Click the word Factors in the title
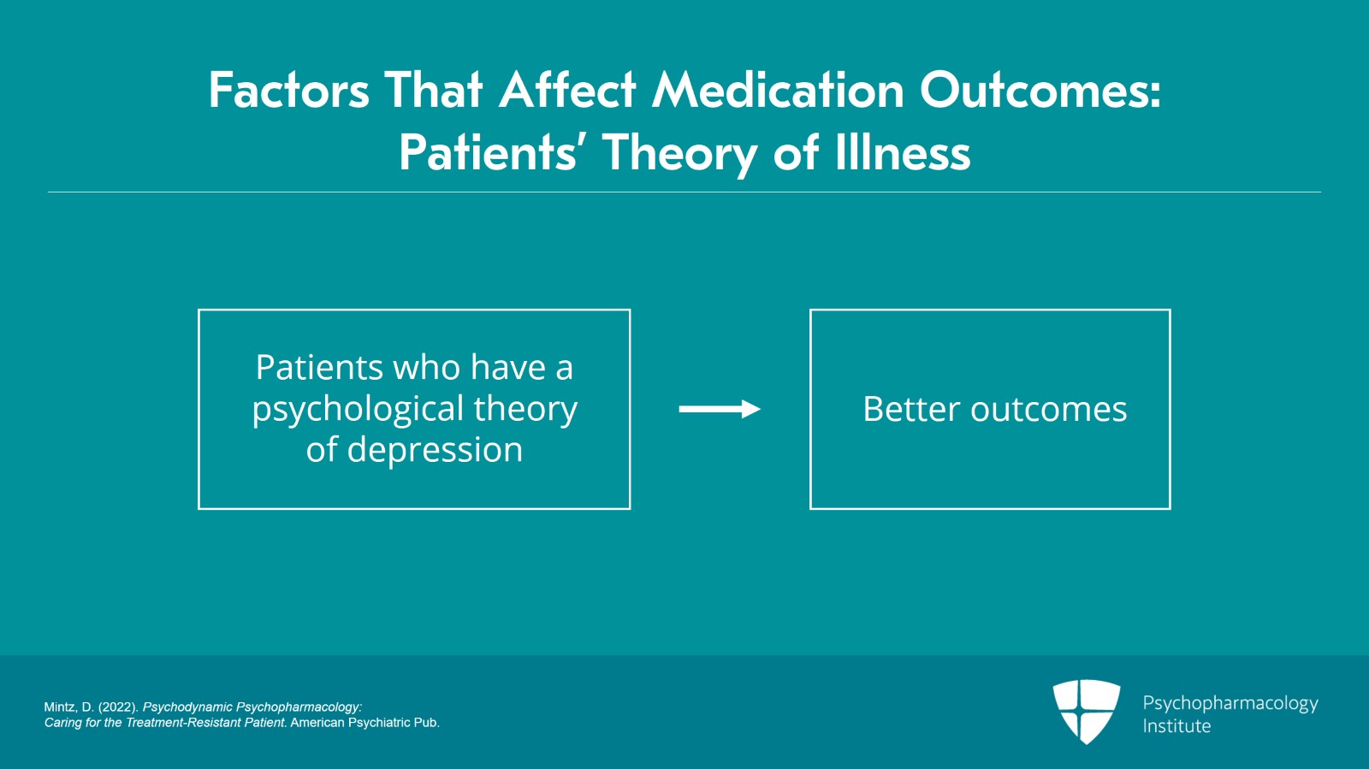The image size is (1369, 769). [x=289, y=91]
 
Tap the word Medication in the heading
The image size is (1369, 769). [x=778, y=91]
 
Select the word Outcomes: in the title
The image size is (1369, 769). [x=1040, y=91]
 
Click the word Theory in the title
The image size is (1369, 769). [x=679, y=153]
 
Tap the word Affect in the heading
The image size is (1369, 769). [x=568, y=90]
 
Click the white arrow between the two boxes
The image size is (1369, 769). [x=720, y=409]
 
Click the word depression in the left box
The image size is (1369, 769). [x=436, y=450]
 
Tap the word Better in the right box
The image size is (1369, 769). [x=911, y=409]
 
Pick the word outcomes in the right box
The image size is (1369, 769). [x=1049, y=410]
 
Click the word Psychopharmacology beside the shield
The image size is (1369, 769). [x=1230, y=704]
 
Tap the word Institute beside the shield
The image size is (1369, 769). [x=1176, y=725]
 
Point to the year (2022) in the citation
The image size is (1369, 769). [x=118, y=707]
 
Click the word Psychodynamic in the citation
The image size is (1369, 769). [x=187, y=707]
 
